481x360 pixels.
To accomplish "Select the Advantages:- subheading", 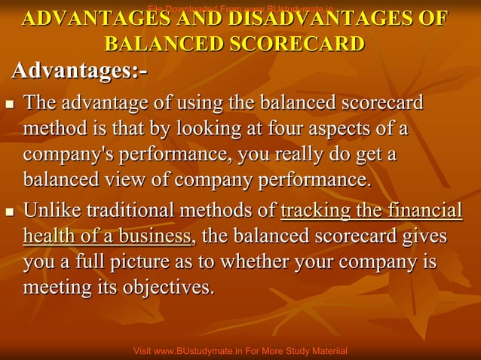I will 79,72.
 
